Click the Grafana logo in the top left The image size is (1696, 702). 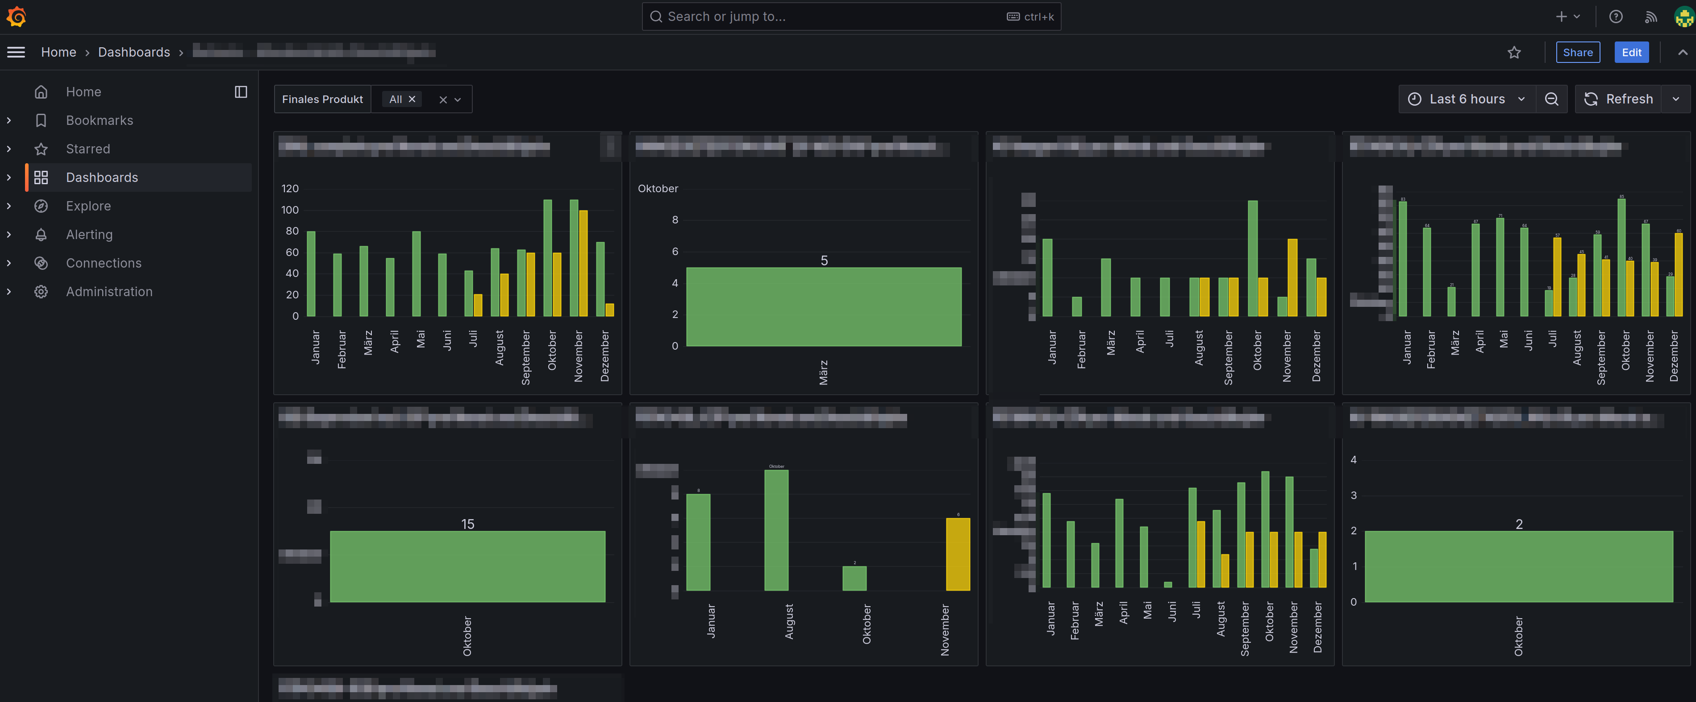pos(17,17)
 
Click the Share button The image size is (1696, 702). pos(1578,53)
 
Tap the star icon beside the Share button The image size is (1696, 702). pos(1514,53)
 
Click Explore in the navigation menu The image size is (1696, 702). pos(88,206)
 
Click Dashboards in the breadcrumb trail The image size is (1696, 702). pos(133,53)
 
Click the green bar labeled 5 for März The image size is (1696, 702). pos(824,306)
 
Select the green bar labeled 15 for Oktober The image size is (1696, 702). pos(467,566)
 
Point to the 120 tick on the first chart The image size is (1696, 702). pos(290,189)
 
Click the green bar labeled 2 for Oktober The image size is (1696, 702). pos(1518,566)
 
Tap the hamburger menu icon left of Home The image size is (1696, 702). pos(16,53)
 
